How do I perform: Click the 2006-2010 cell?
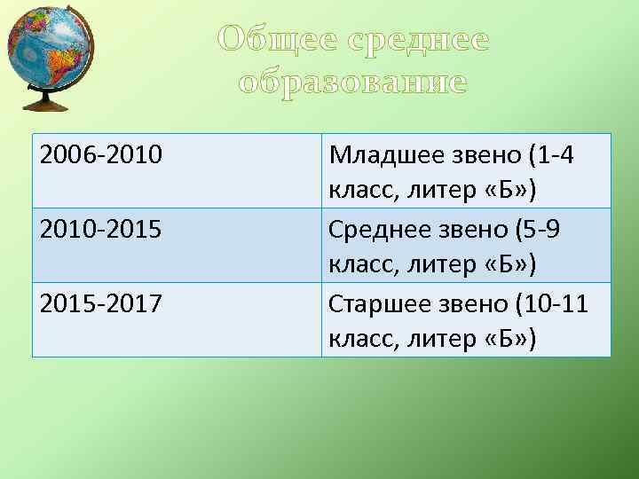click(101, 156)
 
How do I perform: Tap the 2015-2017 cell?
click(101, 304)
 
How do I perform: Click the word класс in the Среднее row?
click(358, 264)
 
